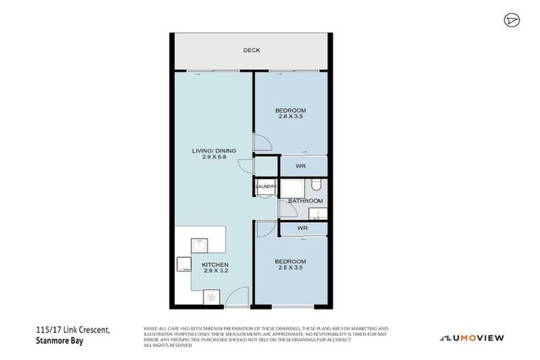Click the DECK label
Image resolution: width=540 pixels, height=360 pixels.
tap(252, 50)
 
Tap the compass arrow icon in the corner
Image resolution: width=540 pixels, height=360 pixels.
tap(511, 20)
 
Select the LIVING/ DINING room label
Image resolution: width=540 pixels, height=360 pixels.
tap(214, 150)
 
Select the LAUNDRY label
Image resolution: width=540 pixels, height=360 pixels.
tap(266, 186)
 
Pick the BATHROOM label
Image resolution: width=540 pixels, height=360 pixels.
tap(304, 200)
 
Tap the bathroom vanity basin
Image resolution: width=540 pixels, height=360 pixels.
tap(319, 212)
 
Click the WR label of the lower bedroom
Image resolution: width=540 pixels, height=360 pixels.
tap(302, 229)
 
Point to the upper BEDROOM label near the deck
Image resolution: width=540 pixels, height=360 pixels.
tap(290, 111)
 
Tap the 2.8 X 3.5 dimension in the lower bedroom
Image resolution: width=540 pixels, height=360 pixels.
tap(290, 267)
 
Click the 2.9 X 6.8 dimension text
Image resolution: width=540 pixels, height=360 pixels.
tap(214, 158)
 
